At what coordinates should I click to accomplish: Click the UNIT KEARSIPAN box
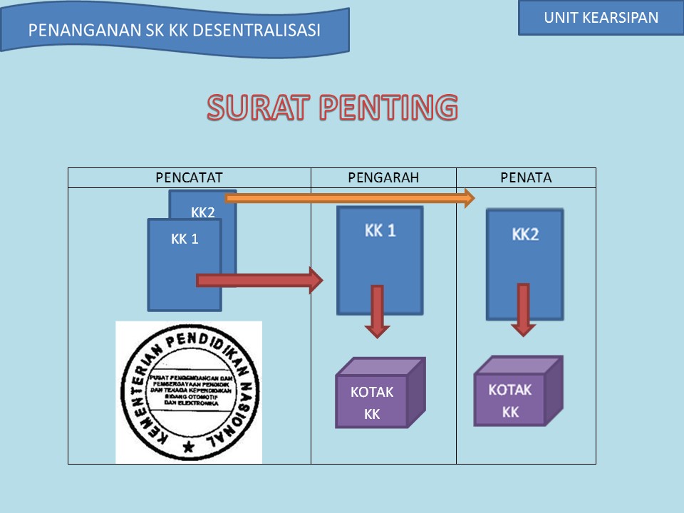(x=601, y=19)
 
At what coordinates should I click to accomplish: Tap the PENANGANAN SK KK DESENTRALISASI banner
(x=175, y=31)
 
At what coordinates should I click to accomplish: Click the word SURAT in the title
(x=257, y=108)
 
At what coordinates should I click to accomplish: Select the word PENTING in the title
(x=388, y=108)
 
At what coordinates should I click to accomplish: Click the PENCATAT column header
(x=190, y=178)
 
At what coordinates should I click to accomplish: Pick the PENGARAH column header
(x=383, y=178)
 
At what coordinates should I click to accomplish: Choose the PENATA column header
(x=526, y=178)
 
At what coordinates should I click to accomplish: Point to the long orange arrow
(x=349, y=198)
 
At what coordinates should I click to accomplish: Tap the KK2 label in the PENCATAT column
(x=203, y=212)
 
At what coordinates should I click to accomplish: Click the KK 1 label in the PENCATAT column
(x=185, y=239)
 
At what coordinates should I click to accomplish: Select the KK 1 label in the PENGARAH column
(x=380, y=232)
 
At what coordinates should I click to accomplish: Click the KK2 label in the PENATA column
(x=525, y=234)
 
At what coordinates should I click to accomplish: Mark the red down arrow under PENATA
(x=523, y=309)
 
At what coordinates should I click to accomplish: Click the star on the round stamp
(x=188, y=447)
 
